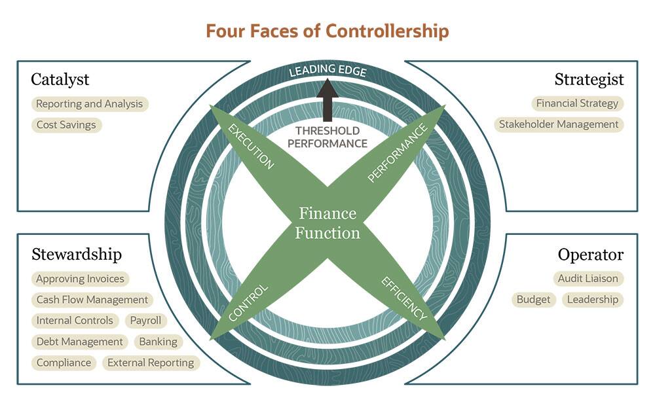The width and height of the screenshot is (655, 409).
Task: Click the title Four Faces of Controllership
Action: (327, 31)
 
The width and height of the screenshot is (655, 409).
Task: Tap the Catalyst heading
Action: (60, 80)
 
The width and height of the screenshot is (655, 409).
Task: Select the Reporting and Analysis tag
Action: (90, 103)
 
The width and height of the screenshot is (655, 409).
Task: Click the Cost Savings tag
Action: (66, 124)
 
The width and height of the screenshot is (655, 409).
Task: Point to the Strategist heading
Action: (589, 80)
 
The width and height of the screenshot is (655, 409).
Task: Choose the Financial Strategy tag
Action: (577, 103)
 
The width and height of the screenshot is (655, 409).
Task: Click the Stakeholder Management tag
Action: (559, 124)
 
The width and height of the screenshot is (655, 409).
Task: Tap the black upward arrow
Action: (327, 98)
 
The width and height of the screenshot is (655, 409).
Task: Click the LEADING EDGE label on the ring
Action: (327, 70)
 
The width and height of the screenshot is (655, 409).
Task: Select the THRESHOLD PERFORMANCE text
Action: (331, 137)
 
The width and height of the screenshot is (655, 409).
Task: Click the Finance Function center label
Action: (327, 222)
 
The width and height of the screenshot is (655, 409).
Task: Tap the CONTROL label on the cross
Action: (248, 302)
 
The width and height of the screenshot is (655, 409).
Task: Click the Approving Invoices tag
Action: (80, 279)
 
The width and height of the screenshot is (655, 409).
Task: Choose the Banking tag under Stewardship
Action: (158, 342)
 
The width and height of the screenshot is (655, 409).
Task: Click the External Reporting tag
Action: (151, 363)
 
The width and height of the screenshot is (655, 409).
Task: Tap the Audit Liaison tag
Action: (588, 278)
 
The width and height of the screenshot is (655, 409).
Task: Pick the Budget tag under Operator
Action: (534, 300)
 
